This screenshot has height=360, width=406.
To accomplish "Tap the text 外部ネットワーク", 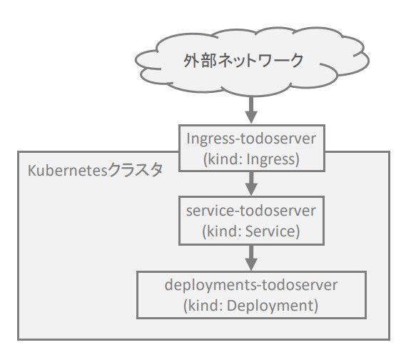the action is tap(243, 61).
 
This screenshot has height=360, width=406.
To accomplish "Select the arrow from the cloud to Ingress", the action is tap(251, 110).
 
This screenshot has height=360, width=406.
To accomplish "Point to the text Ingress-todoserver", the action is tap(251, 139).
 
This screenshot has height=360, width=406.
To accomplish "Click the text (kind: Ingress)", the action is tap(251, 159).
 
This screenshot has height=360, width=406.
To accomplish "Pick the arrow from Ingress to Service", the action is tap(251, 184).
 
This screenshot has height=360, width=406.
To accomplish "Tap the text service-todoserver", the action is tap(251, 211).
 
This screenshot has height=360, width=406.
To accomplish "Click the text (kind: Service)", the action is tap(251, 231).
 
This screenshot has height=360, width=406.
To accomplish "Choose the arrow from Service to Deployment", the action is tap(251, 258).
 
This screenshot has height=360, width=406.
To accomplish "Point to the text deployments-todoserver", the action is tap(251, 285).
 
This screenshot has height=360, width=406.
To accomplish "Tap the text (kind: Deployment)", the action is tap(251, 306).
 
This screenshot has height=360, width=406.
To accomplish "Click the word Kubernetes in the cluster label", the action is tap(67, 171).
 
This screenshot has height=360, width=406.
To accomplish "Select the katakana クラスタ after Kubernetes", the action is tap(135, 170).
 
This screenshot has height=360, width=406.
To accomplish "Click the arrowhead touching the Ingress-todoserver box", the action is tap(251, 117).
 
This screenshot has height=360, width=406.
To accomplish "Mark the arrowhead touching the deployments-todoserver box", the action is tap(251, 264).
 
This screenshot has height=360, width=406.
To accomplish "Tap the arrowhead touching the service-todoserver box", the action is tap(251, 189).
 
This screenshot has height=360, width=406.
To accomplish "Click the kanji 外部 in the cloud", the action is tap(200, 61).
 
